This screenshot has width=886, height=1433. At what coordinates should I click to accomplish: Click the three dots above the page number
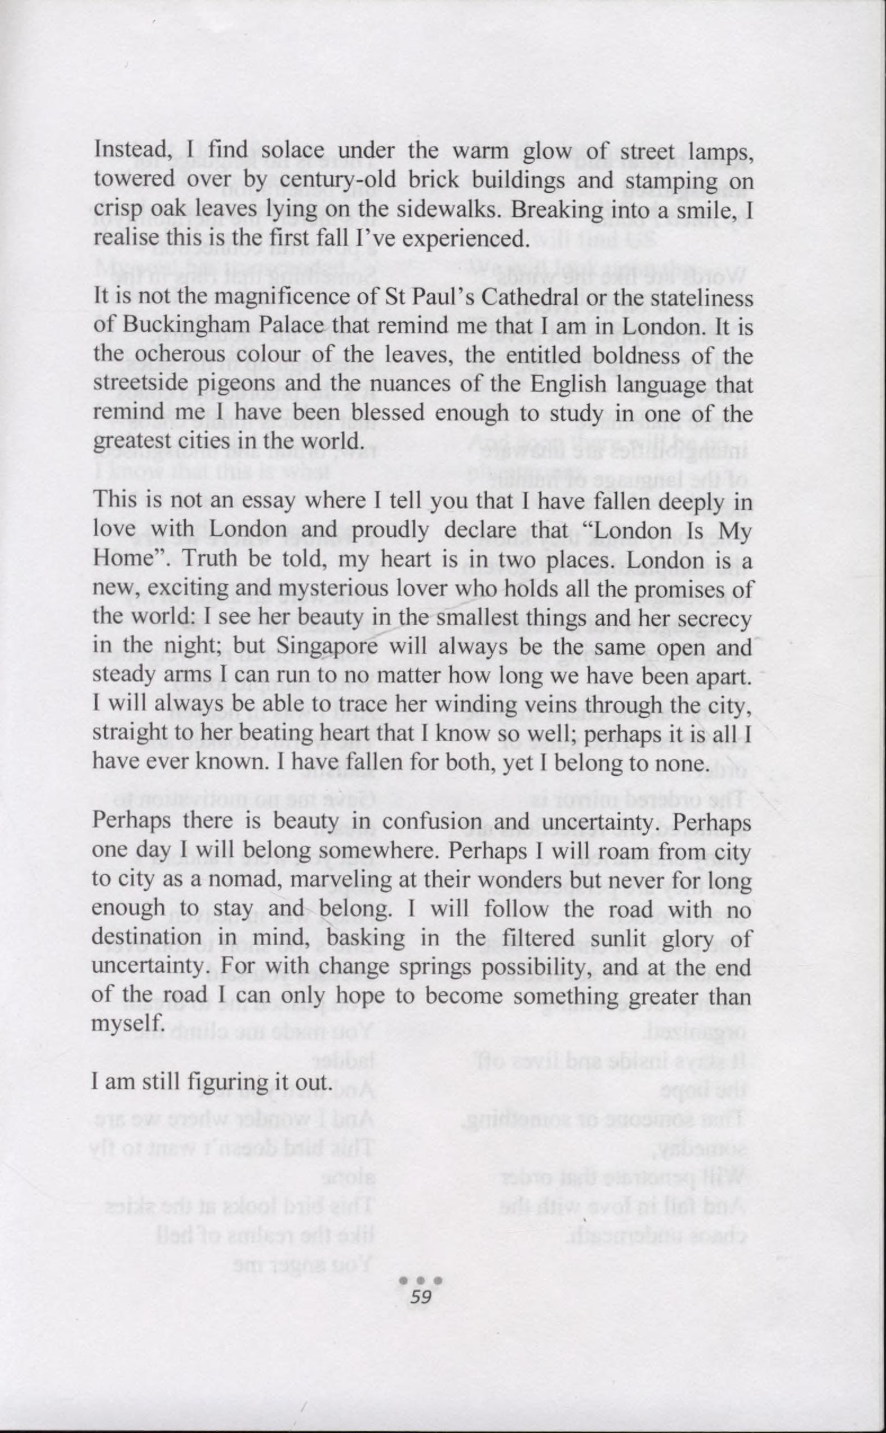point(421,1281)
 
